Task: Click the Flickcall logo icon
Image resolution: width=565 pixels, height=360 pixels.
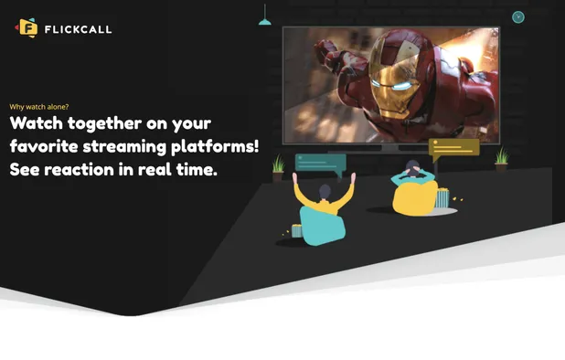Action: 27,28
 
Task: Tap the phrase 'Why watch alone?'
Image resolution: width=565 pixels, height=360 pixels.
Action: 38,106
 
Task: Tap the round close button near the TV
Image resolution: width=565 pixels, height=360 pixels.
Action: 518,17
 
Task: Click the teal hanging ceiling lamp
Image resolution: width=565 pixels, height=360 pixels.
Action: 265,20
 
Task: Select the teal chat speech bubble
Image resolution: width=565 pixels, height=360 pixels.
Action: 319,165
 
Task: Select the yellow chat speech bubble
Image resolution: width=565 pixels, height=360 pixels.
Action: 453,147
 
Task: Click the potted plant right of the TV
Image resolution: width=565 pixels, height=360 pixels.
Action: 501,160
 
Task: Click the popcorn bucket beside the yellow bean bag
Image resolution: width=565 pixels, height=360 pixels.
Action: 443,198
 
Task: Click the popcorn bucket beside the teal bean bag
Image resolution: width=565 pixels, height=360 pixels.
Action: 296,231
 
